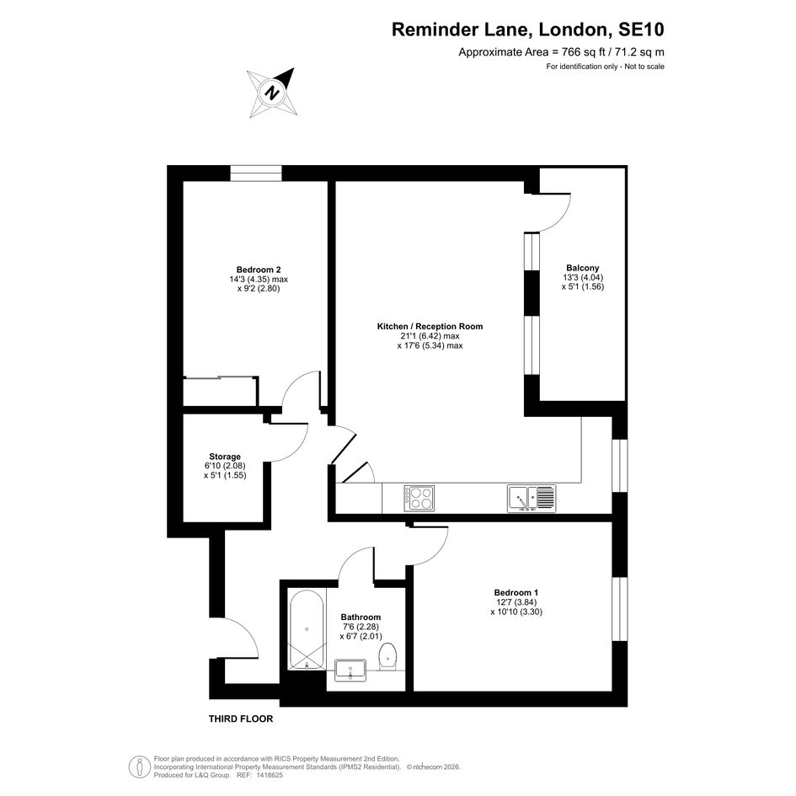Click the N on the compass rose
tap(273, 93)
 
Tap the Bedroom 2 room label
tap(259, 270)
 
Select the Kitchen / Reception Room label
tap(430, 327)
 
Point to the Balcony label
tap(583, 268)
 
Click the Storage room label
tap(225, 457)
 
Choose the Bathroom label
tap(361, 617)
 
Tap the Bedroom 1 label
tap(516, 592)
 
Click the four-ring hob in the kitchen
tap(419, 498)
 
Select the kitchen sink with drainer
tap(532, 498)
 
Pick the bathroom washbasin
tap(350, 670)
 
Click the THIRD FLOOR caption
tap(241, 719)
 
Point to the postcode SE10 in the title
tap(641, 29)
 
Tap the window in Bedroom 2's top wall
tap(256, 174)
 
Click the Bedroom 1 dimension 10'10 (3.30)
tap(516, 612)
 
